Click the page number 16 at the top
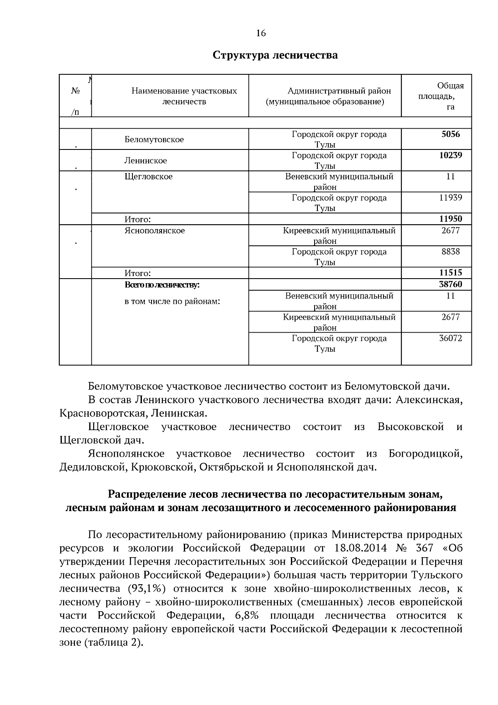coord(261,34)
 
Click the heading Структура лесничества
coord(275,55)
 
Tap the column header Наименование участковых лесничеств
coord(184,96)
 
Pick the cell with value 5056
coord(451,135)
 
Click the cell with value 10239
coord(450,156)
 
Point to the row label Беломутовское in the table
coord(154,140)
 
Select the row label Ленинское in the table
coord(146,161)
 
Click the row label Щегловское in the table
coord(149,177)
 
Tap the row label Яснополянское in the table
coord(155,231)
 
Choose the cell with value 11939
coord(450,198)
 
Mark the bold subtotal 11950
coord(450,219)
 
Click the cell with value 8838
coord(450,252)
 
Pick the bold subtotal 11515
coord(450,273)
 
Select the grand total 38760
coord(450,285)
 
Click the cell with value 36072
coord(450,338)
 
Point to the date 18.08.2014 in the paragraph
coord(360,548)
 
